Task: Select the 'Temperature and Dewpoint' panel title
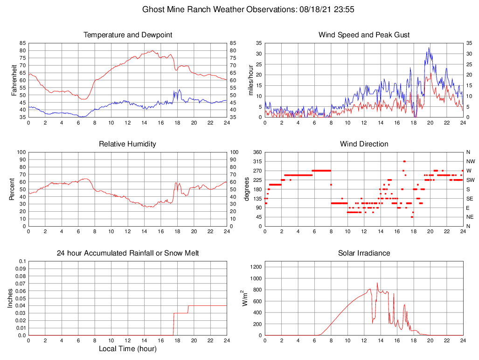click(x=128, y=35)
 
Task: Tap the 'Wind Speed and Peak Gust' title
click(x=364, y=35)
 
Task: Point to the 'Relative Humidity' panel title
click(x=128, y=144)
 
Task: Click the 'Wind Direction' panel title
click(x=364, y=144)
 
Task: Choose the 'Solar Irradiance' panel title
click(x=364, y=253)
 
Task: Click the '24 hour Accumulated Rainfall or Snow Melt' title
click(x=128, y=253)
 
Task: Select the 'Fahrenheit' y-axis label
click(x=14, y=80)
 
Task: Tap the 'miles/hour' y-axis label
click(x=250, y=80)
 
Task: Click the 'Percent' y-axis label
click(x=12, y=189)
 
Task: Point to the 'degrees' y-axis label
click(x=247, y=189)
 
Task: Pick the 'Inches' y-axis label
click(x=11, y=298)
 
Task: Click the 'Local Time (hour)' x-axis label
click(x=128, y=349)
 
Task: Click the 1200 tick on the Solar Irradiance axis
click(x=256, y=267)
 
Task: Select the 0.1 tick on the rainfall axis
click(x=21, y=261)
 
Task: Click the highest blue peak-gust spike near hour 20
click(x=430, y=48)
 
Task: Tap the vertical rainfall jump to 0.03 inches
click(x=174, y=324)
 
